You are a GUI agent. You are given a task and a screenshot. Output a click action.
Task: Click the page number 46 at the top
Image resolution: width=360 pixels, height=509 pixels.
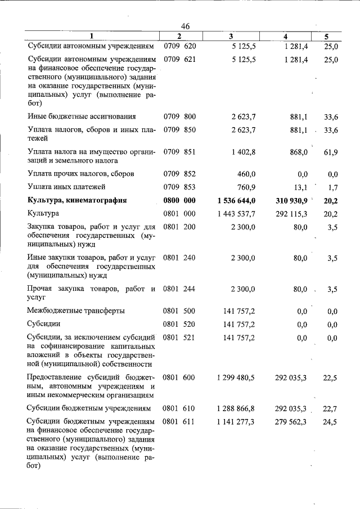click(x=186, y=26)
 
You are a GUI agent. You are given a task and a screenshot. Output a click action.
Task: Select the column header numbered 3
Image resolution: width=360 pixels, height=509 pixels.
click(x=231, y=37)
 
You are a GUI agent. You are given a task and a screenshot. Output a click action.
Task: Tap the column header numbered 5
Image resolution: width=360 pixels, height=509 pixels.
click(x=327, y=37)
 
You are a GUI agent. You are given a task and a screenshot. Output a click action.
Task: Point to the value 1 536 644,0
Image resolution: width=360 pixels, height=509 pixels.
click(x=236, y=200)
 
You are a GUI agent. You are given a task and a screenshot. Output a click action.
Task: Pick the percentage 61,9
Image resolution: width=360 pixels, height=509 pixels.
click(x=331, y=152)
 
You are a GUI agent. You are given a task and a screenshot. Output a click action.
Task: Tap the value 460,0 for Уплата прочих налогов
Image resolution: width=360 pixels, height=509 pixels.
click(x=246, y=174)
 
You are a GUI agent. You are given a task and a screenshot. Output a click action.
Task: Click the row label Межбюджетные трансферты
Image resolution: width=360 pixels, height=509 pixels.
click(x=76, y=310)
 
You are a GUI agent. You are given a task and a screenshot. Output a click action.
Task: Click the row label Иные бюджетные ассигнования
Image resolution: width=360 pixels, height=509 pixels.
click(x=82, y=116)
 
